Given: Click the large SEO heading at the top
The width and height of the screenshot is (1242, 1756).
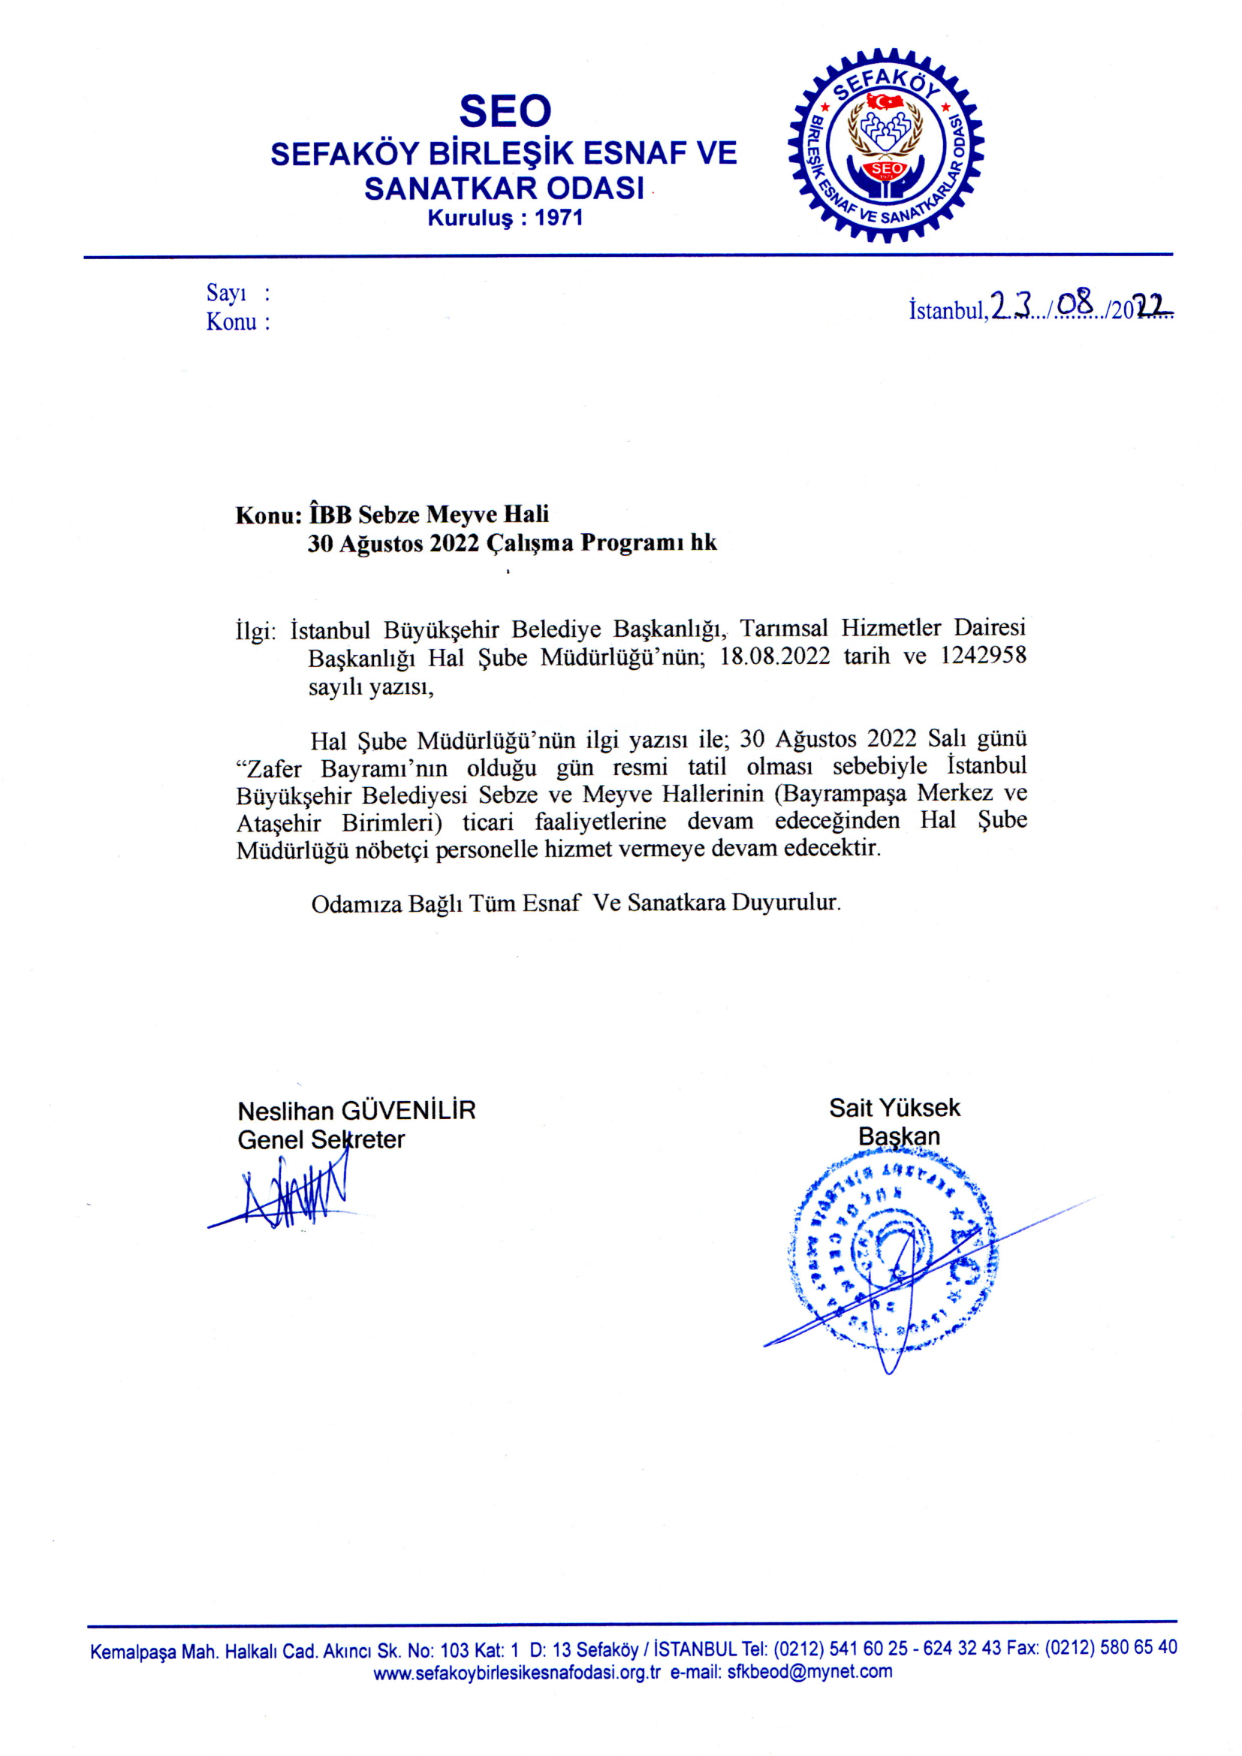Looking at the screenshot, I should [505, 112].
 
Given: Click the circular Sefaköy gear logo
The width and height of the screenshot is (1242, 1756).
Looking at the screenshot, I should [885, 146].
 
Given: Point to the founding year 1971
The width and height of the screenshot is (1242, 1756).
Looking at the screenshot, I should [559, 218].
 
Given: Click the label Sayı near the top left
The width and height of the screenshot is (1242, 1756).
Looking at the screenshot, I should [226, 293].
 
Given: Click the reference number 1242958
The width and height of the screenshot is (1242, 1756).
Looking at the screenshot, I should [983, 656].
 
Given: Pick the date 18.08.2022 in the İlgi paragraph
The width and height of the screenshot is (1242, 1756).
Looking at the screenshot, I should [775, 657].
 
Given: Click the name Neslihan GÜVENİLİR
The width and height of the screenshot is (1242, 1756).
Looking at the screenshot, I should [357, 1111].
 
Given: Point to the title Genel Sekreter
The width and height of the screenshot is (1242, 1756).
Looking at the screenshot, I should [321, 1139].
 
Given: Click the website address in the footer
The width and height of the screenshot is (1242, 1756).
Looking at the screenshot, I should [516, 1671].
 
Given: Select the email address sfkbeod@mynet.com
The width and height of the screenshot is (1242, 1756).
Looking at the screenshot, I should [810, 1671].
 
